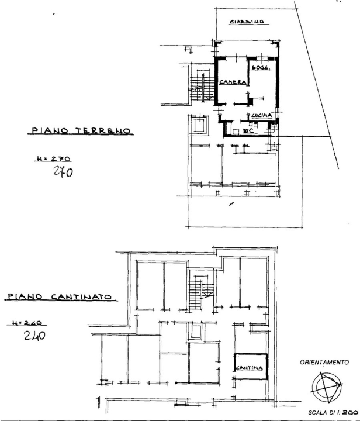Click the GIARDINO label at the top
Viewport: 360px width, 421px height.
coord(247,22)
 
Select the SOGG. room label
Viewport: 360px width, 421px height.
coord(260,69)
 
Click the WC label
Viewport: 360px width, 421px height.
coord(247,130)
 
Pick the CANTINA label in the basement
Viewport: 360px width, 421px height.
coord(250,368)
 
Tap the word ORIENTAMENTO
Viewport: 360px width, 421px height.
coord(324,362)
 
